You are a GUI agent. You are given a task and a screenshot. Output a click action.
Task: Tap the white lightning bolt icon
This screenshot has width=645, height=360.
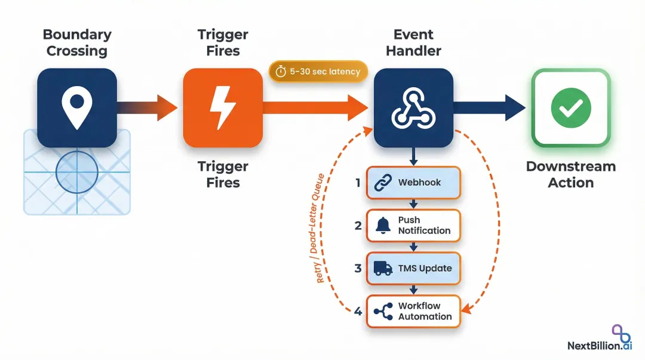[x=222, y=108]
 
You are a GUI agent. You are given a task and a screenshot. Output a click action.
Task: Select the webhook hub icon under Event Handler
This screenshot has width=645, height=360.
[x=413, y=108]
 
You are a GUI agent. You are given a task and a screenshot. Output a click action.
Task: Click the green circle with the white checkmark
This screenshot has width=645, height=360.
[x=570, y=108]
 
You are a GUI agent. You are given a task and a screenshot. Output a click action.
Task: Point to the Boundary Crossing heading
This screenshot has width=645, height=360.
[x=77, y=42]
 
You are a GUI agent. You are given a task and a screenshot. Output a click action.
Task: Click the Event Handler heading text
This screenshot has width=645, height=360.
[x=413, y=42]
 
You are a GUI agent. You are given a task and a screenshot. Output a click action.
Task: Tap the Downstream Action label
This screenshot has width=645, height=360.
[x=570, y=174]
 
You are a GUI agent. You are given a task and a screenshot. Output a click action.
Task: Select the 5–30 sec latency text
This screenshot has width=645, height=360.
[x=325, y=72]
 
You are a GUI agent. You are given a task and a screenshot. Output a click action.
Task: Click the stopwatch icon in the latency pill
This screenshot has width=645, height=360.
[x=281, y=72]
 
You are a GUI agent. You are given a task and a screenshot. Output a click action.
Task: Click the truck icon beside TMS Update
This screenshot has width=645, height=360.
[x=383, y=268]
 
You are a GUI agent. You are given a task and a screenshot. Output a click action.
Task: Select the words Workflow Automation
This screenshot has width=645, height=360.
[x=425, y=311]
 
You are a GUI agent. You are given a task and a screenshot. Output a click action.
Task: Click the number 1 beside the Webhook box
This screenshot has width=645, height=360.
[x=358, y=183]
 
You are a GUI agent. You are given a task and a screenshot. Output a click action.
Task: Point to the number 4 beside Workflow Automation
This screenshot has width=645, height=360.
[x=358, y=311]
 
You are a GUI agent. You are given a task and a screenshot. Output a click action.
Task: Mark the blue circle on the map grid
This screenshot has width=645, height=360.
[x=76, y=172]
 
